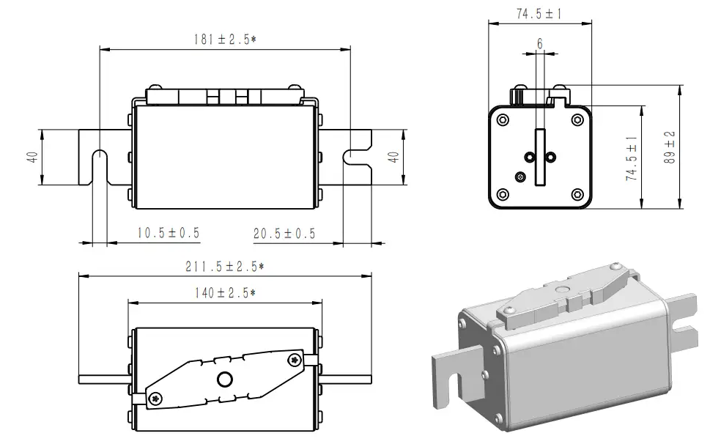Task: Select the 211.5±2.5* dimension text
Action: pos(224,266)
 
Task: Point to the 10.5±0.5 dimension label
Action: pos(169,233)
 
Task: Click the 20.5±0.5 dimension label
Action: pos(284,233)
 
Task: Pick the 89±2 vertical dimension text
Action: pos(670,149)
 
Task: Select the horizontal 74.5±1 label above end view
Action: pos(539,14)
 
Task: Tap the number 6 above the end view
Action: pos(540,44)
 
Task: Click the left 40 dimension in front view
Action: pos(32,158)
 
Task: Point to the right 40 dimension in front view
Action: pos(393,157)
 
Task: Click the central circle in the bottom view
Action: pos(224,379)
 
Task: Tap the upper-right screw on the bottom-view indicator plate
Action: pos(295,358)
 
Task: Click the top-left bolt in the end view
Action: pos(503,119)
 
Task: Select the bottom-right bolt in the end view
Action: pos(577,194)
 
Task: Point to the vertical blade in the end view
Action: pos(540,157)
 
